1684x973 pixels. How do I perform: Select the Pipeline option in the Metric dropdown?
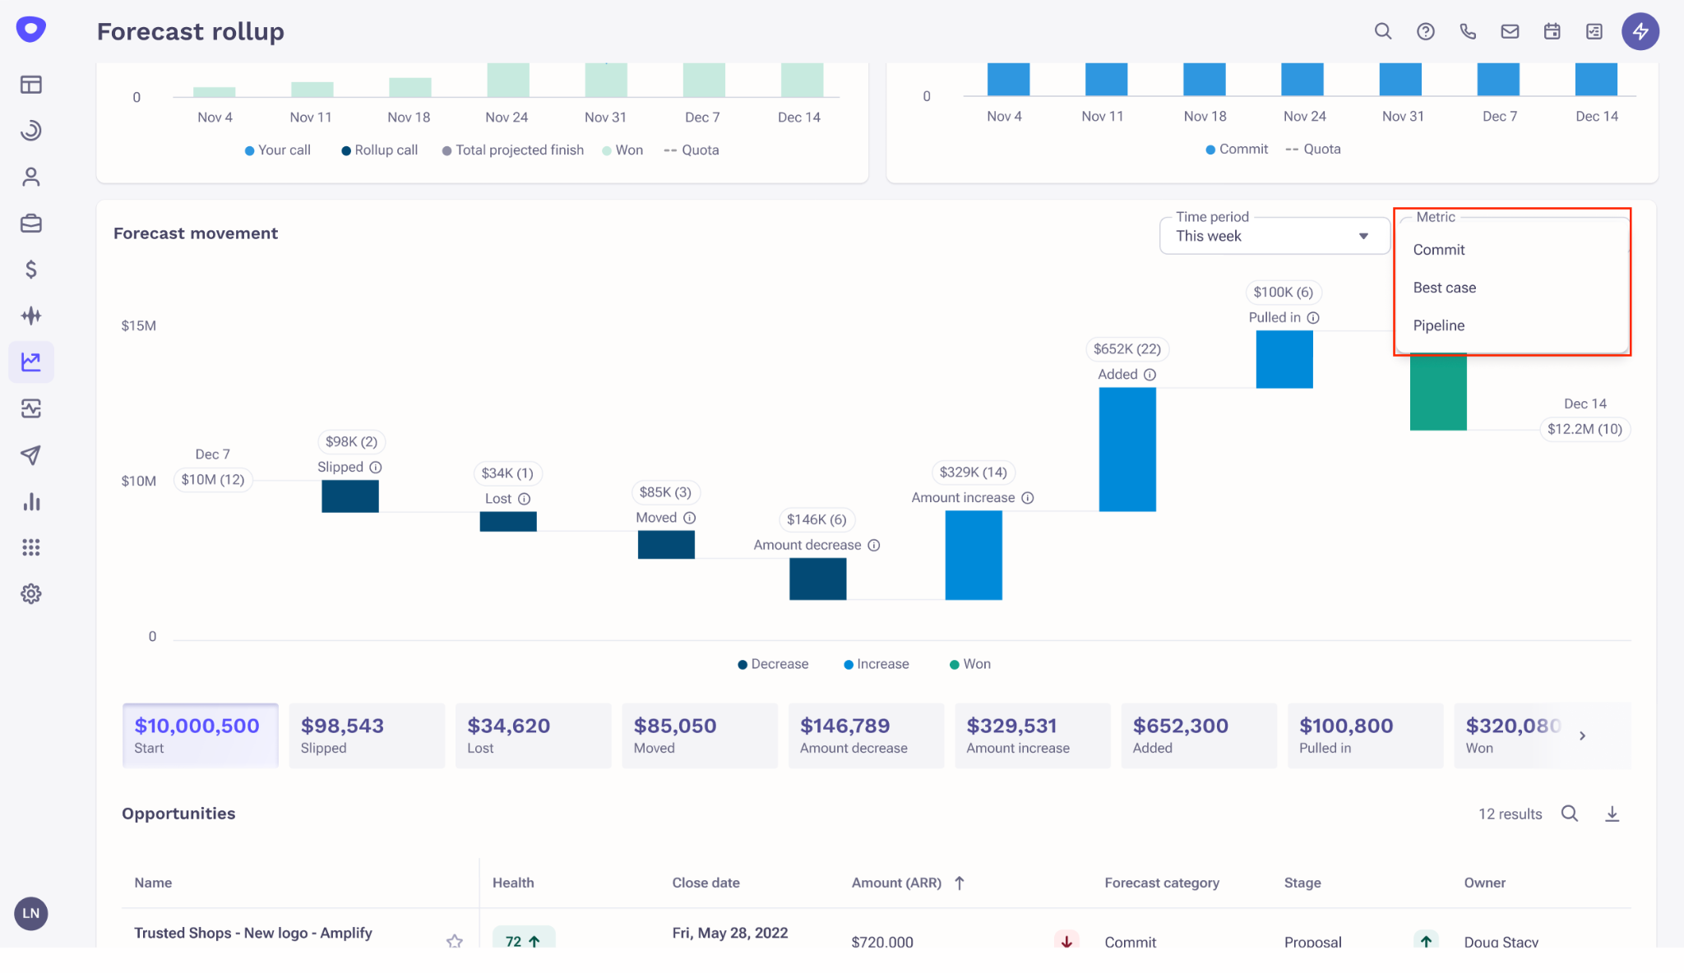coord(1438,325)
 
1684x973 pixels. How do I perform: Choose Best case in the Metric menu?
coord(1444,288)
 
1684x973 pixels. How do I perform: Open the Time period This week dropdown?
coord(1274,236)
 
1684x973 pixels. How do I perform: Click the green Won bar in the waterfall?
coord(1438,392)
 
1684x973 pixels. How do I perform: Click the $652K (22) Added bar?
coord(1127,449)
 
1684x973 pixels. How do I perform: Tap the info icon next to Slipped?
coord(376,468)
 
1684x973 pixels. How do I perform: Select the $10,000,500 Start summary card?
coord(200,736)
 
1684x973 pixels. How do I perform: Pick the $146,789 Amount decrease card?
coord(865,736)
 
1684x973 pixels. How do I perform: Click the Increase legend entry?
coord(877,664)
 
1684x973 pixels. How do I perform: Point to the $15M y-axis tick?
coord(138,325)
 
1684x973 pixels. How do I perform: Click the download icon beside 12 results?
coord(1612,814)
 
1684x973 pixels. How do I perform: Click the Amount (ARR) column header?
coord(896,883)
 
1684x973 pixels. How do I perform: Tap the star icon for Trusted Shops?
coord(454,941)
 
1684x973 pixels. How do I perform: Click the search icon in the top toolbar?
coord(1383,31)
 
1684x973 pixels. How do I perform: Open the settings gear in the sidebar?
coord(31,593)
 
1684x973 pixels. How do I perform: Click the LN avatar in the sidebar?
coord(31,913)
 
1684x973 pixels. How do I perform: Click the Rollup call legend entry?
coord(380,150)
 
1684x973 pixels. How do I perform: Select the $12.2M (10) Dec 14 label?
coord(1584,429)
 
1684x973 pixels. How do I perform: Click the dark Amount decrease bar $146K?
coord(817,579)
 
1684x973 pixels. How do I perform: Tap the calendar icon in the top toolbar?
coord(1552,31)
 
